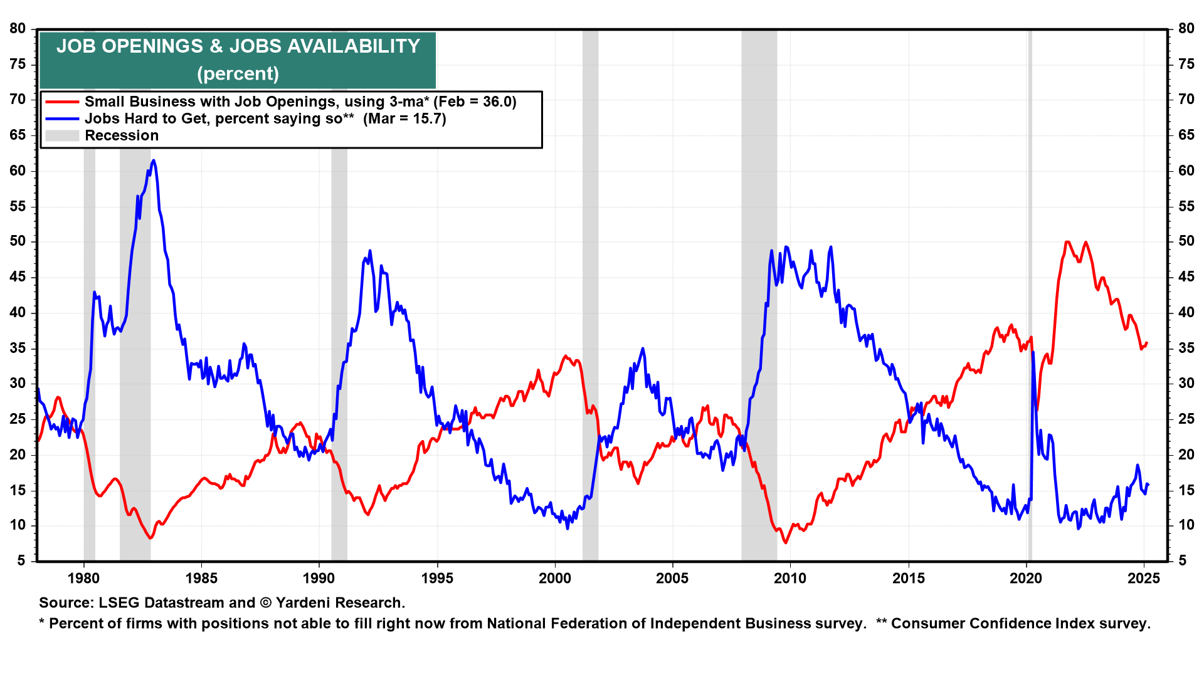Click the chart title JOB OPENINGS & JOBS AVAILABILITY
[x=238, y=46]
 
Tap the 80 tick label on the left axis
[x=18, y=29]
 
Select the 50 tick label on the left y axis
[x=18, y=241]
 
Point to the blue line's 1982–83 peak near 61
[x=154, y=161]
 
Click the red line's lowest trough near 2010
[x=786, y=542]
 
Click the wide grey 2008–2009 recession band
[x=759, y=295]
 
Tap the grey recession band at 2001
[x=590, y=295]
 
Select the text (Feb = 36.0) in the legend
[x=475, y=102]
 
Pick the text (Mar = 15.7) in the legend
[x=404, y=119]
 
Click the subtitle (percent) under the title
[x=238, y=74]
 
